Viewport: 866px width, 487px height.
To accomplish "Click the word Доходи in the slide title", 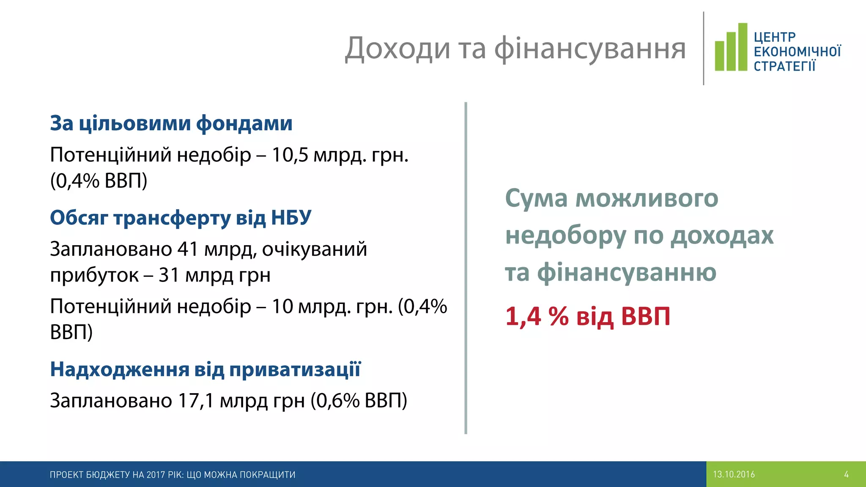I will pos(397,49).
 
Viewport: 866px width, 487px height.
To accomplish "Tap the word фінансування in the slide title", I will pos(590,49).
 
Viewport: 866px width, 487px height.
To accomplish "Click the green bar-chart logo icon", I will pos(731,47).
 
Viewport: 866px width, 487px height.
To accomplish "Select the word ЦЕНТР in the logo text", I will pos(775,37).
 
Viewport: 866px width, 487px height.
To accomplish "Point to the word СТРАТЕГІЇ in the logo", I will pos(785,66).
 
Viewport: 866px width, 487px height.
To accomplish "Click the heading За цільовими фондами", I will pos(171,123).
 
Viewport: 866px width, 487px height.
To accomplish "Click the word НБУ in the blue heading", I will pos(291,218).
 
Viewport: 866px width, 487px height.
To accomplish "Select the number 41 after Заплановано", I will pos(188,249).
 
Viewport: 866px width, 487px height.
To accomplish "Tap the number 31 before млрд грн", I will pos(169,275).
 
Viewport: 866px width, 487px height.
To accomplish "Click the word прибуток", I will pos(94,276).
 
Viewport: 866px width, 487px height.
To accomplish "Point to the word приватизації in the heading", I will pos(295,369).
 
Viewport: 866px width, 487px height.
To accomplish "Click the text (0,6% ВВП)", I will pos(359,400).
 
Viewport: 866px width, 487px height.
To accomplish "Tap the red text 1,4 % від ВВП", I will pos(588,316).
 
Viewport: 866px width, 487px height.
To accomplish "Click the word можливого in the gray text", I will pos(647,198).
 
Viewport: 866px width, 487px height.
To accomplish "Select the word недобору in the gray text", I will pos(566,235).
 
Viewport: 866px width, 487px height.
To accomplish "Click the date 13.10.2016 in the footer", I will pos(734,474).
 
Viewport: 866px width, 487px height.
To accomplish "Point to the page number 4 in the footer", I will pos(846,474).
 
